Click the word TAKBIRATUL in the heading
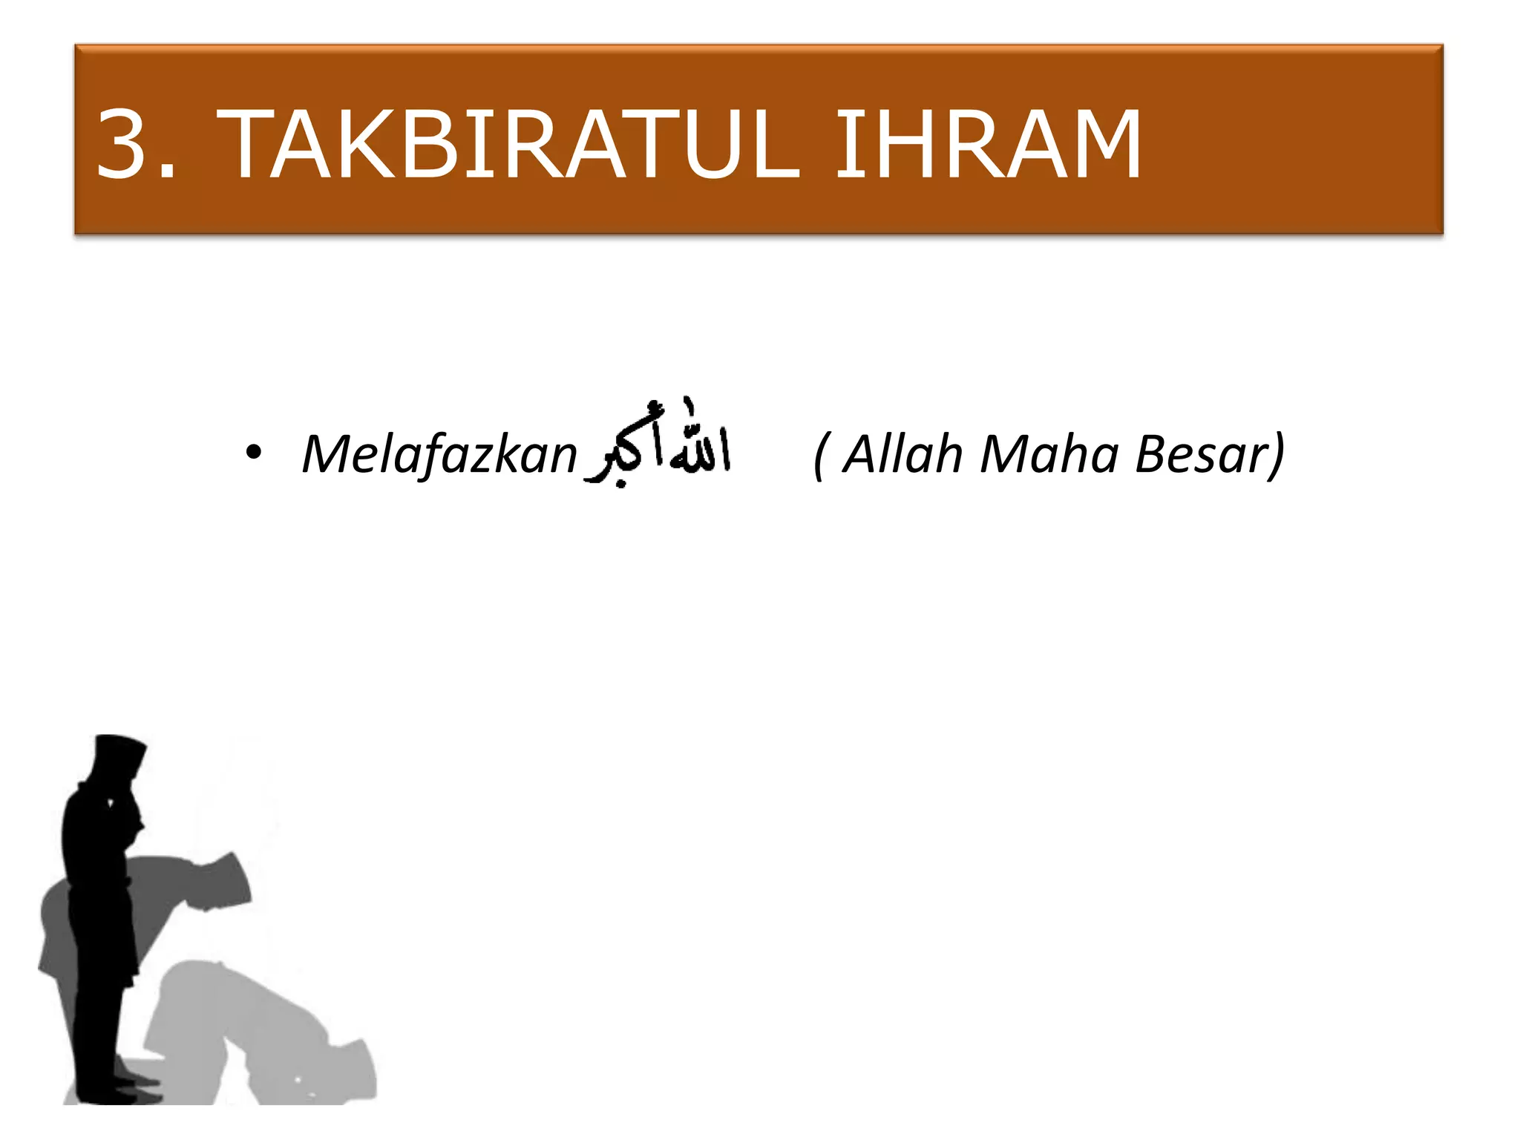(512, 144)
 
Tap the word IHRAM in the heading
(988, 144)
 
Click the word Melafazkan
(439, 453)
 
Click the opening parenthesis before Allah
(819, 455)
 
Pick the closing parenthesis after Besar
(1277, 455)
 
